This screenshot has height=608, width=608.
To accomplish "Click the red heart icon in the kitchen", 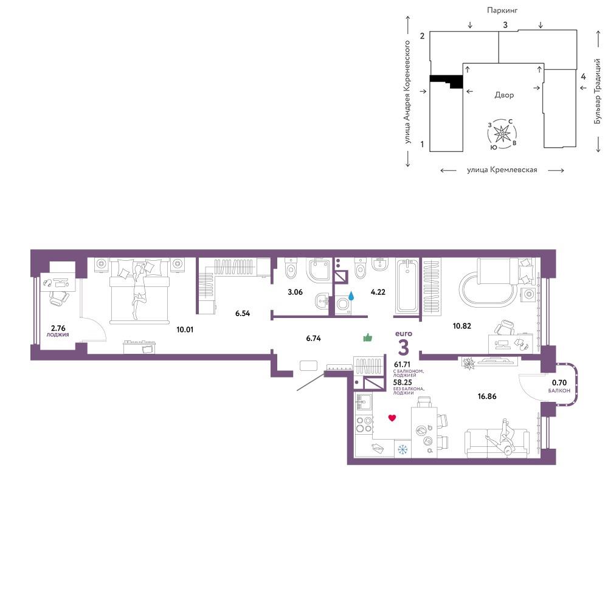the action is coord(392,418).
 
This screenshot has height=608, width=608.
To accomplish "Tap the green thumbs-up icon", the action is coord(368,337).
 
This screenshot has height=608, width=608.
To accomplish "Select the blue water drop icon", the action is coord(351,296).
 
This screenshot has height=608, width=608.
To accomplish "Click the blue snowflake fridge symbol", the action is coord(402,450).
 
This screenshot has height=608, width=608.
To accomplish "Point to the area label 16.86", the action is coord(486,396).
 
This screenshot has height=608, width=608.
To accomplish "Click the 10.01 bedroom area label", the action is coord(185,330).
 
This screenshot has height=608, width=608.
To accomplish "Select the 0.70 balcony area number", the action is coord(559,382).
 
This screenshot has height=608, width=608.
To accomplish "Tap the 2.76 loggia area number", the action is coord(58,328).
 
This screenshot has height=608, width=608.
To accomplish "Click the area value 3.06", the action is coord(295,292).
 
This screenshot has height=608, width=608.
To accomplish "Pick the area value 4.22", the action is coord(378,292).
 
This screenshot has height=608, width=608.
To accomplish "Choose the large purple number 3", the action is coord(404,347).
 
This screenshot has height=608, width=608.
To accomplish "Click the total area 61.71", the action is coord(402,364).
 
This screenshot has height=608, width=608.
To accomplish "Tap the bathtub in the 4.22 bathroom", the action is coord(407,286).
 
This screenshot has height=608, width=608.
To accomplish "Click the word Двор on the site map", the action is coord(504,95).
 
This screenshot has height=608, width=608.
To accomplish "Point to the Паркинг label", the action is coord(502,10).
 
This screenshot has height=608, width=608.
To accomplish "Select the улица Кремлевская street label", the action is coord(502,170).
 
